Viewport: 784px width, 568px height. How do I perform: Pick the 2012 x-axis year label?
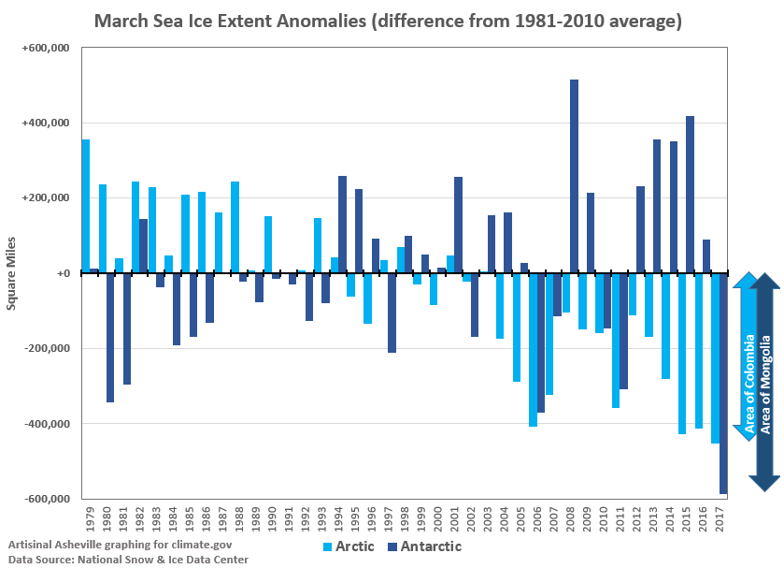coord(635,518)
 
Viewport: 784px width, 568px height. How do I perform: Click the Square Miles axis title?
coord(12,273)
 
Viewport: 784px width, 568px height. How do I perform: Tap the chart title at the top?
coord(387,20)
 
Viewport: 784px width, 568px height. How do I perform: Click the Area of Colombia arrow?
coord(748,356)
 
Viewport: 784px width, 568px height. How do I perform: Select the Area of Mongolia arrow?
coord(765,382)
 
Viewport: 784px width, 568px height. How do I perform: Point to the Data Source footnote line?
coord(128,559)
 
